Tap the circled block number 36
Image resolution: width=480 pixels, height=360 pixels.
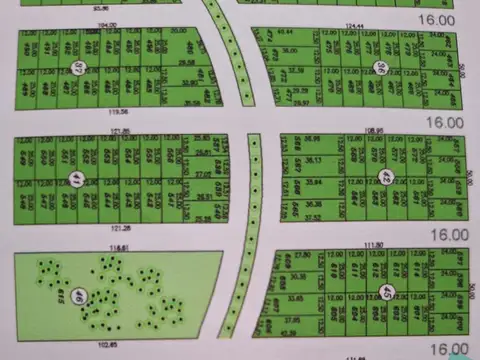pos(380,68)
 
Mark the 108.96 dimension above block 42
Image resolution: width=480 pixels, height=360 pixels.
pos(375,130)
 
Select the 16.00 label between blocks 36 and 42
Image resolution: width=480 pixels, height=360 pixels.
pos(447,122)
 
